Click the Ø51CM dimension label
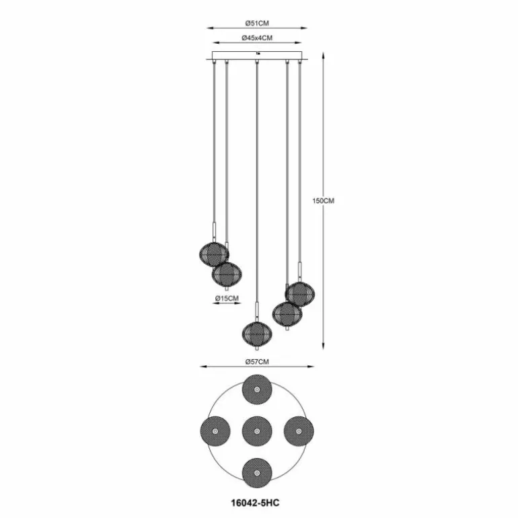point(257,24)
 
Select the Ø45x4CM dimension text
point(257,38)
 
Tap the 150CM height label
point(324,201)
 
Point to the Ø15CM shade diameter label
point(227,298)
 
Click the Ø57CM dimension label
point(257,362)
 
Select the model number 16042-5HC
point(256,503)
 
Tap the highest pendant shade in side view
point(214,254)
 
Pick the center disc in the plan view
point(257,431)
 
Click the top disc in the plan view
point(257,390)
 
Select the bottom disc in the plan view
point(257,473)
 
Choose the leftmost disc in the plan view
point(215,431)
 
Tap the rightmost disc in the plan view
point(299,431)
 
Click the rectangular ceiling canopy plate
point(257,55)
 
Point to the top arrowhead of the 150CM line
point(324,55)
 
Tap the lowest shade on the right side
point(287,313)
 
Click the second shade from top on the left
point(227,274)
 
